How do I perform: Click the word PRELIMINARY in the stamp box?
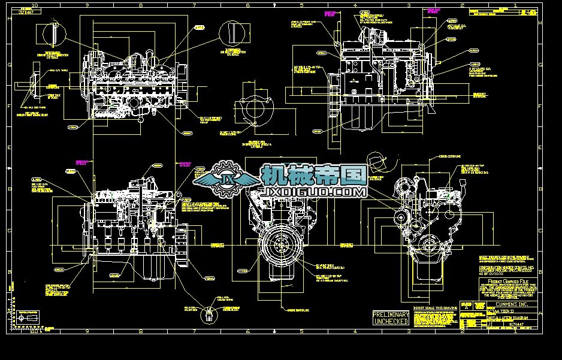point(391,314)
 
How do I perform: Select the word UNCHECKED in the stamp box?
point(391,321)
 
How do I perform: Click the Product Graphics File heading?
point(509,280)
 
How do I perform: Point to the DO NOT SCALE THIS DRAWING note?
point(430,307)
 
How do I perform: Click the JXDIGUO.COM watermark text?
point(313,192)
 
